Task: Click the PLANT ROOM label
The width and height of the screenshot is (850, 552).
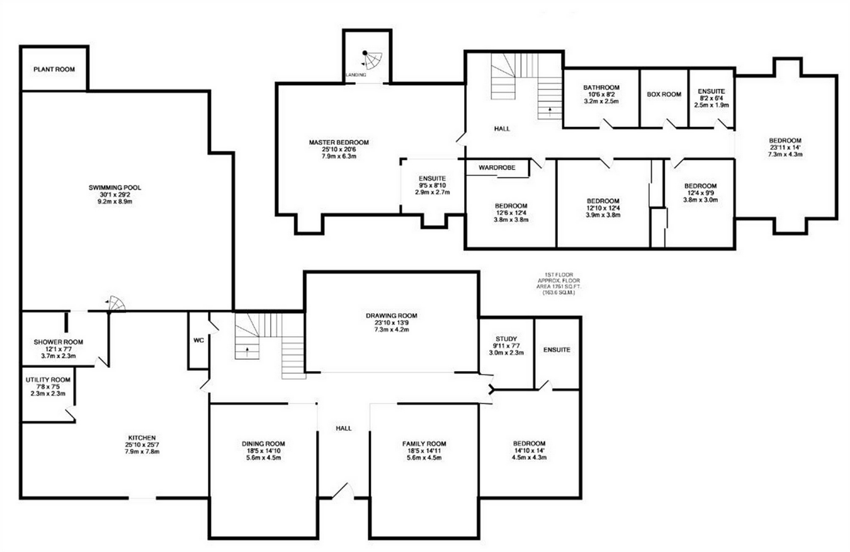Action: pos(54,69)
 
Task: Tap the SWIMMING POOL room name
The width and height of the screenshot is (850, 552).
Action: pos(115,188)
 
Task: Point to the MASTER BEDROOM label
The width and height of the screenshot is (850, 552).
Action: pos(339,142)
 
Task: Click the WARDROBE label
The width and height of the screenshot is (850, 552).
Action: pos(497,168)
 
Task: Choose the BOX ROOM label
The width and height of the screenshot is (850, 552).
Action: pos(664,94)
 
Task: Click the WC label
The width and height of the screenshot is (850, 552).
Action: pos(199,340)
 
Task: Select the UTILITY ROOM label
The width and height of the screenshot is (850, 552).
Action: pos(48,379)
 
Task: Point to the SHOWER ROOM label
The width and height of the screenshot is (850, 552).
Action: pos(58,342)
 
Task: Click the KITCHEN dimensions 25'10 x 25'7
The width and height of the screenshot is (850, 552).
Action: pos(142,444)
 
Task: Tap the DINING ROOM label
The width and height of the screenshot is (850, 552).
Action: pos(263,444)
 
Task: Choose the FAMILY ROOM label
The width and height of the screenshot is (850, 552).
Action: pos(424,444)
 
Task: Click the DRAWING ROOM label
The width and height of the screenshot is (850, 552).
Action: pos(391,316)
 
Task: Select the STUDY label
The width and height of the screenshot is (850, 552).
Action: pos(506,338)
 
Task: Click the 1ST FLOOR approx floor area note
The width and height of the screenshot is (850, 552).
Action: pos(558,284)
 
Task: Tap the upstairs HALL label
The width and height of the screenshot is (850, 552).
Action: pos(502,129)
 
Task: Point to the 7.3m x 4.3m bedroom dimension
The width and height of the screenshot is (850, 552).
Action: pos(785,154)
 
